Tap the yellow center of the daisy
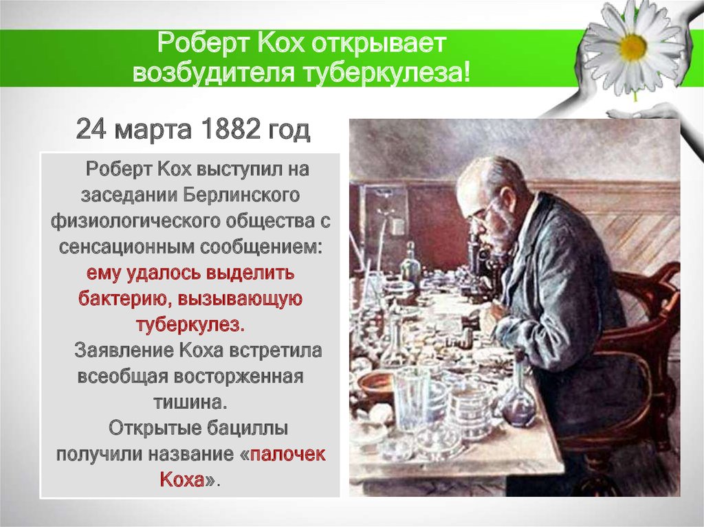click(x=632, y=47)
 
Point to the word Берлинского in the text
click(x=242, y=194)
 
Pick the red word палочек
click(x=288, y=454)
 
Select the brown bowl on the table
click(x=377, y=385)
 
